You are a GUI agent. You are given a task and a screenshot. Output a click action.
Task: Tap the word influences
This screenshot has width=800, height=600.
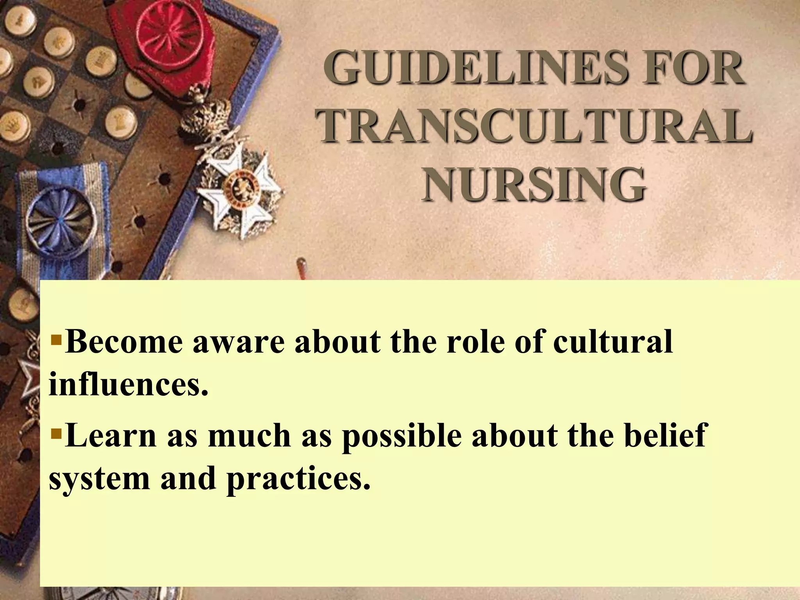127,384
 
